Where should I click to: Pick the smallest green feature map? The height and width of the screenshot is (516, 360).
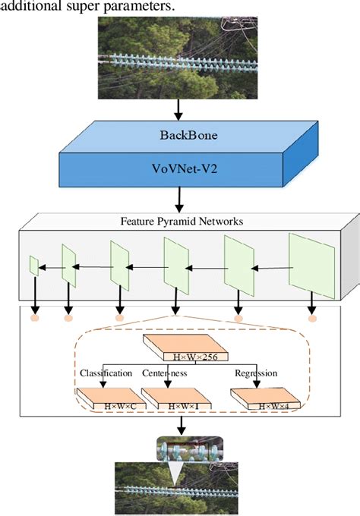point(33,266)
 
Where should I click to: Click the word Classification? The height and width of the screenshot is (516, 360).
point(106,373)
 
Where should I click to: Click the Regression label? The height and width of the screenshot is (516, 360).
point(255,373)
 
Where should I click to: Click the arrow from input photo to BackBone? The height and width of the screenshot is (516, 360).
point(179,111)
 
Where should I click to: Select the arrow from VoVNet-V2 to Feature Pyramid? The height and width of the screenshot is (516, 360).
point(179,200)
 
